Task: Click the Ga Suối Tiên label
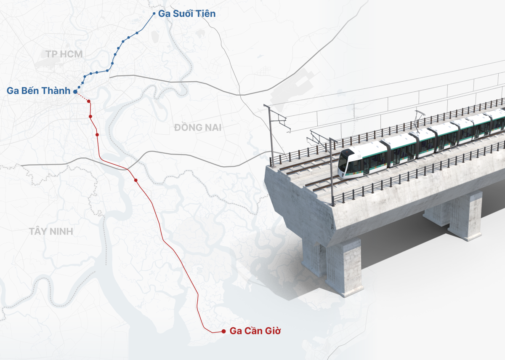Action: (x=186, y=14)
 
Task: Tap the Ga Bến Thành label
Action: (x=38, y=91)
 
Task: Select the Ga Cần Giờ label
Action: (x=255, y=331)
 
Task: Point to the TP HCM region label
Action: (x=64, y=54)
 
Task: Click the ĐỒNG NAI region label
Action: (x=198, y=127)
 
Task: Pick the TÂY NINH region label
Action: (x=51, y=231)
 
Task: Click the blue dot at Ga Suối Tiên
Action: (x=154, y=14)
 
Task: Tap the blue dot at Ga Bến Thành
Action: (x=75, y=91)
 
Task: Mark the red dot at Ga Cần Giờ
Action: (x=223, y=331)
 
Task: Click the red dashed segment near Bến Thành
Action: (x=84, y=98)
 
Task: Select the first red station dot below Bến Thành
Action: (x=90, y=116)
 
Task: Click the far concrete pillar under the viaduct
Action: (x=465, y=215)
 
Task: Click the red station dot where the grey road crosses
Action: (x=136, y=180)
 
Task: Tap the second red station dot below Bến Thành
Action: (x=97, y=135)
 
